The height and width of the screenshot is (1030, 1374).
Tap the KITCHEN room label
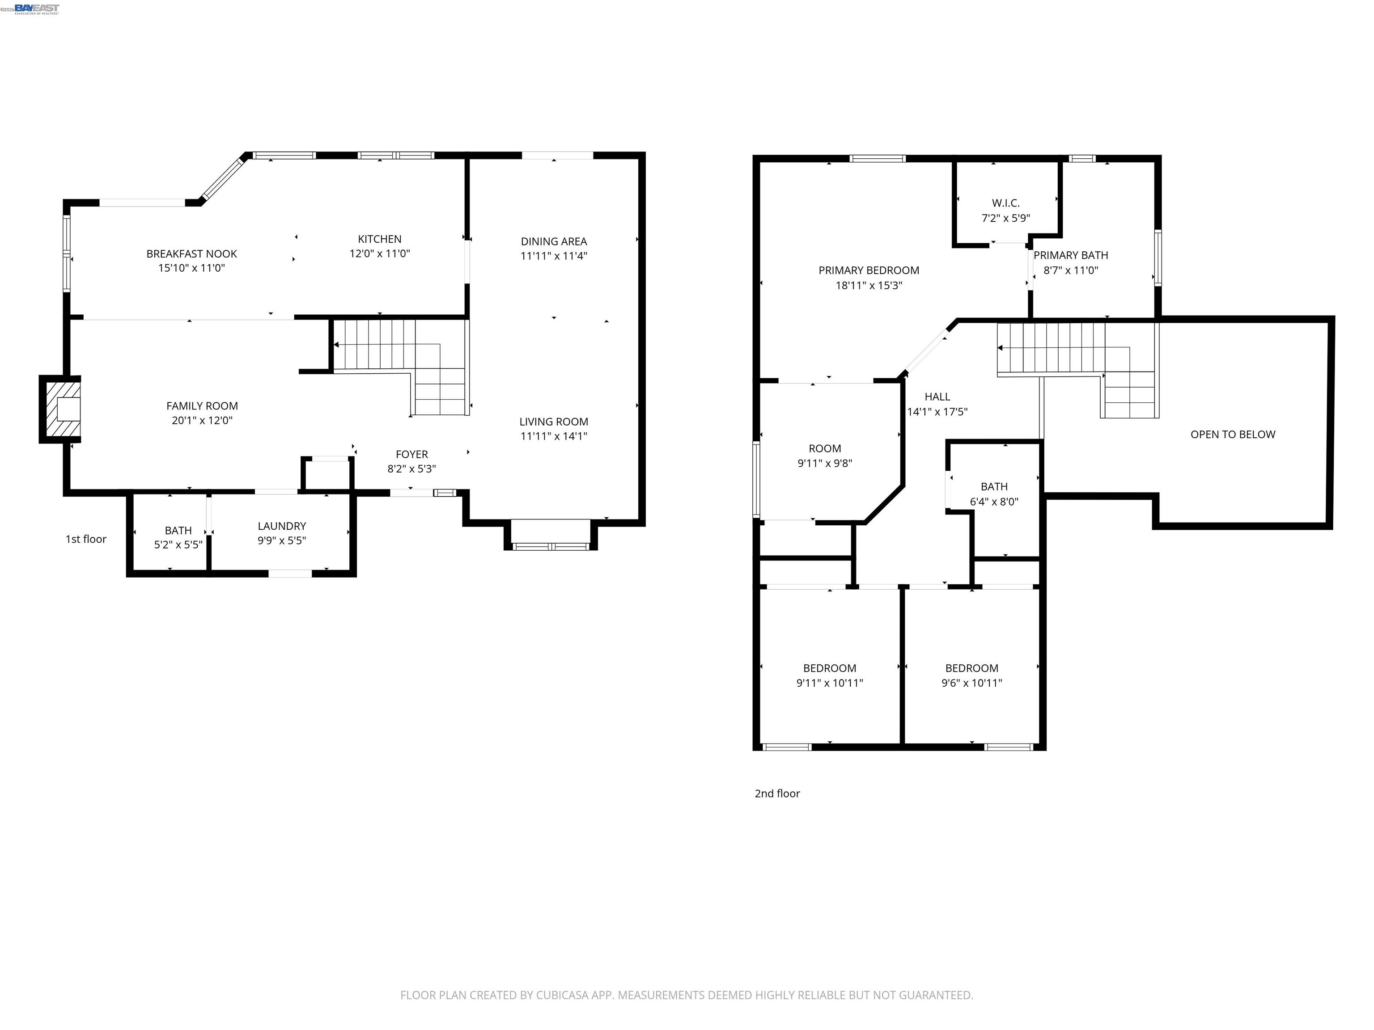pyautogui.click(x=380, y=239)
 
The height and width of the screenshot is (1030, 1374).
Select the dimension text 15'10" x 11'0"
pyautogui.click(x=191, y=268)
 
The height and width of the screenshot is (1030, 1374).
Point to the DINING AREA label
pyautogui.click(x=553, y=241)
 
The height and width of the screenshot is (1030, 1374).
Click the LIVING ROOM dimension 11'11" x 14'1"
pyautogui.click(x=553, y=436)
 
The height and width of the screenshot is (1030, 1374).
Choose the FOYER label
pyautogui.click(x=412, y=455)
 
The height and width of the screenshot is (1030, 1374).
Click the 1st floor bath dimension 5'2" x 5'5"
pyautogui.click(x=178, y=545)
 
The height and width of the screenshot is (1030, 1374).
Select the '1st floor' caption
pyautogui.click(x=86, y=539)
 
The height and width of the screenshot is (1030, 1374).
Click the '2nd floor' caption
pyautogui.click(x=777, y=794)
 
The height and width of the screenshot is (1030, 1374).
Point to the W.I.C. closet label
pyautogui.click(x=1005, y=203)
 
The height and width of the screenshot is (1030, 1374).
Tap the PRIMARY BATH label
pyautogui.click(x=1071, y=255)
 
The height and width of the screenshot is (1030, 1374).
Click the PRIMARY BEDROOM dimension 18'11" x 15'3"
pyautogui.click(x=869, y=286)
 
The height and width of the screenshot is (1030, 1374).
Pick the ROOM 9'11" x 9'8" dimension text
pyautogui.click(x=824, y=463)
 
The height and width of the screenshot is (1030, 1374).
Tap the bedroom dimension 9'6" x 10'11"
pyautogui.click(x=971, y=683)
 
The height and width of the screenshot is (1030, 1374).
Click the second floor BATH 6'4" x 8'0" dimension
pyautogui.click(x=994, y=502)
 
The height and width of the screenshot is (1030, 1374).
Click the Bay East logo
pyautogui.click(x=37, y=8)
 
